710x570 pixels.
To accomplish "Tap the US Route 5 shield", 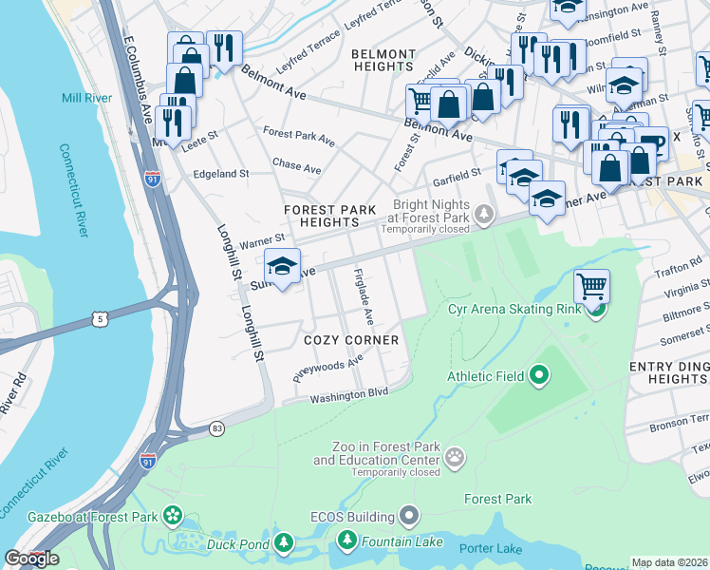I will pos(99,319).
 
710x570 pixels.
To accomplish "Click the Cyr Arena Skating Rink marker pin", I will pos(596,309).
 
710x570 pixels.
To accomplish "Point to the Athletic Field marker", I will pos(539,376).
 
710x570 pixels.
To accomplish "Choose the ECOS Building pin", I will pos(410,517).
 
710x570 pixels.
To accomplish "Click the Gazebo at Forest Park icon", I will pos(173,517).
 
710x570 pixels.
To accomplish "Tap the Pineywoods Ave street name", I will pos(328,367).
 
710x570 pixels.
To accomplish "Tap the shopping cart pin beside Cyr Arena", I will pos(591,285).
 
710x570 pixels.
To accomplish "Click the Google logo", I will pos(32,559).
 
